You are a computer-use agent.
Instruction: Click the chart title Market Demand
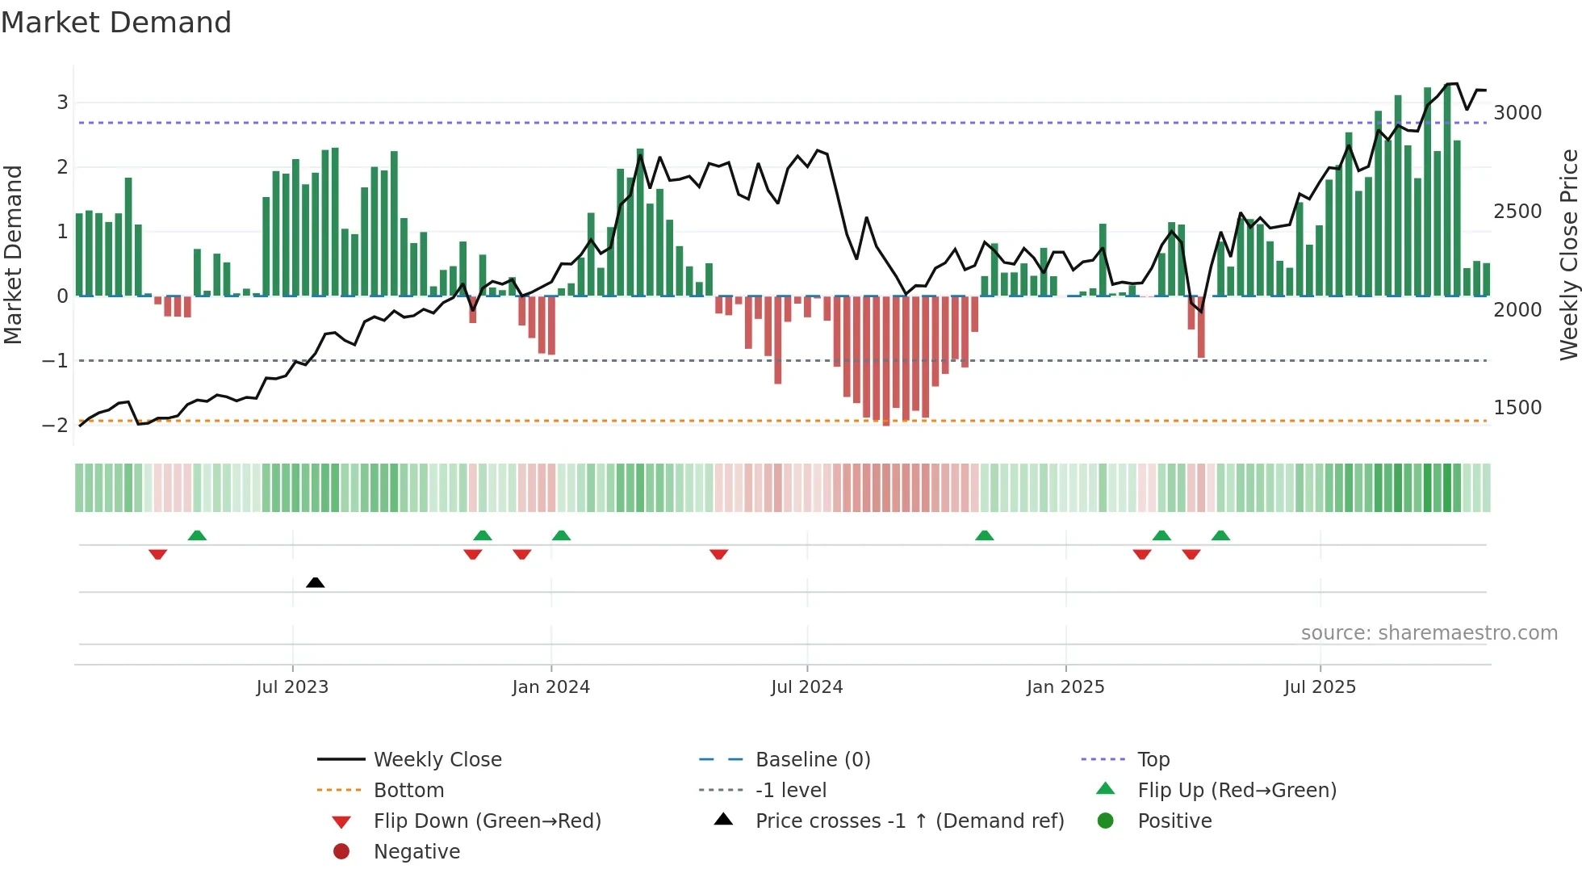(x=116, y=23)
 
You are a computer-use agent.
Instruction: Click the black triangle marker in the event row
(x=316, y=582)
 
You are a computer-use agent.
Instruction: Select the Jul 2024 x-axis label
(x=806, y=687)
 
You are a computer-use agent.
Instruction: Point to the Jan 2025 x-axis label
(x=1065, y=687)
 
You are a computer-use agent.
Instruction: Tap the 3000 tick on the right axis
(x=1517, y=113)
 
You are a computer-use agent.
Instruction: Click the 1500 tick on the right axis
(x=1517, y=408)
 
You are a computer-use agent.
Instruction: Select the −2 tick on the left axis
(x=55, y=426)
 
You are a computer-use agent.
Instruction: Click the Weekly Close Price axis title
(x=1568, y=254)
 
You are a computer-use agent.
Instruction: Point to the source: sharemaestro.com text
(x=1429, y=633)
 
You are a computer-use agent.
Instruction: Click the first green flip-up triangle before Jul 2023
(x=197, y=535)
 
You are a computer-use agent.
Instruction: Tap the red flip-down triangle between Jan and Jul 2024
(x=719, y=554)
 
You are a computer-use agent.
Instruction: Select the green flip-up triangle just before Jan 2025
(x=984, y=535)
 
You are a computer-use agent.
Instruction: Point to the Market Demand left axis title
(x=13, y=254)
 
